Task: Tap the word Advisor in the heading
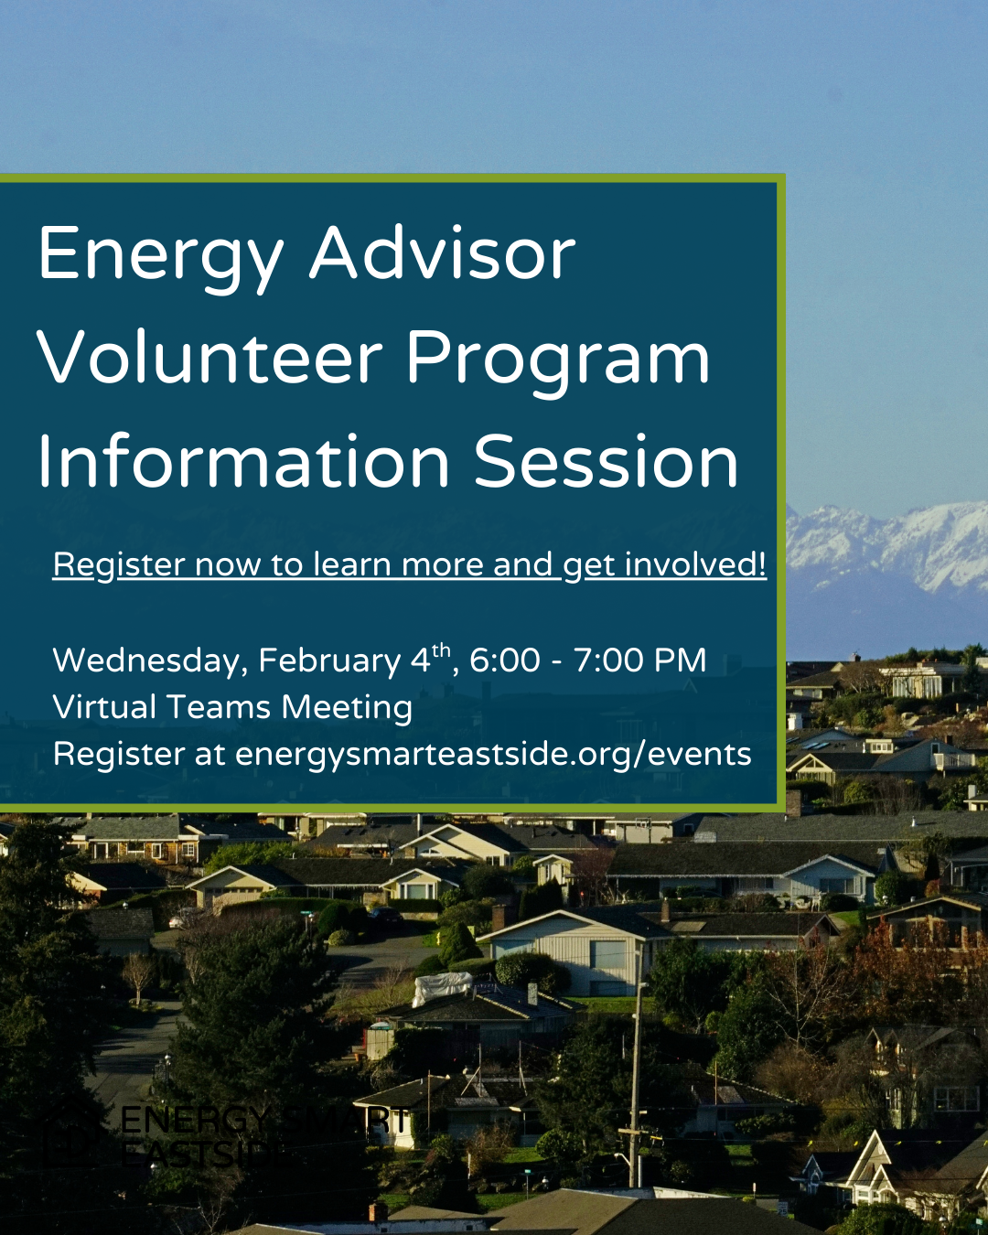click(443, 252)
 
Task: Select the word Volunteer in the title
click(209, 357)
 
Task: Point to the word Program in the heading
click(558, 359)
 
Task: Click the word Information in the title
click(243, 461)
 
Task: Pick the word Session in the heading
click(606, 461)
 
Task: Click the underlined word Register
click(118, 564)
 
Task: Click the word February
click(329, 660)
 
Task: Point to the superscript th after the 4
click(441, 650)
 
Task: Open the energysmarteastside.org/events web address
click(493, 755)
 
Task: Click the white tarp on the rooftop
click(443, 986)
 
